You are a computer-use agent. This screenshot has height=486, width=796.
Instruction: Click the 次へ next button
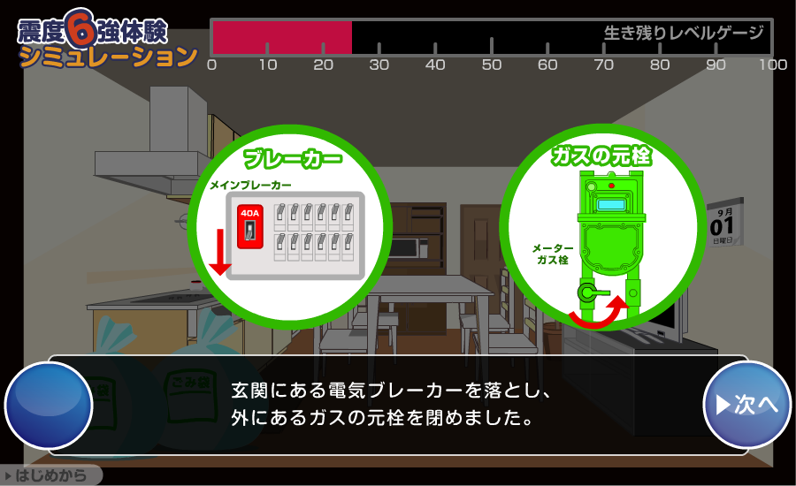click(746, 405)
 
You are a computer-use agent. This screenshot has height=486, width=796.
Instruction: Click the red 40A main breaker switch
click(249, 227)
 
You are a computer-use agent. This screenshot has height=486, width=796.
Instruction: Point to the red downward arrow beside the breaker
click(220, 252)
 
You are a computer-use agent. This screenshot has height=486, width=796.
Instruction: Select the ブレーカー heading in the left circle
click(293, 158)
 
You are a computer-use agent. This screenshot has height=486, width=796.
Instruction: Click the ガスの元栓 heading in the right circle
click(601, 156)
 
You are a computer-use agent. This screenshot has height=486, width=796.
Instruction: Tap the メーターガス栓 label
click(553, 254)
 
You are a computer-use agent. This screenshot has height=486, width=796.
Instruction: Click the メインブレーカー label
click(251, 186)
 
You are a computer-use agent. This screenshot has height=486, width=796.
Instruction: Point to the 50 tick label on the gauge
click(492, 65)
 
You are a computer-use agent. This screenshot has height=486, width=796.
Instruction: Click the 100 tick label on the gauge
click(773, 65)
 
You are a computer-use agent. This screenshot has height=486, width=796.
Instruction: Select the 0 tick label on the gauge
click(212, 65)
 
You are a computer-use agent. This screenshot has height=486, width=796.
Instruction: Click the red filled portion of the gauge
click(282, 37)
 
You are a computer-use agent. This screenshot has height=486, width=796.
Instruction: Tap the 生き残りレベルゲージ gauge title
click(684, 33)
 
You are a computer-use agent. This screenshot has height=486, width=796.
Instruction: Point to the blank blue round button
click(49, 406)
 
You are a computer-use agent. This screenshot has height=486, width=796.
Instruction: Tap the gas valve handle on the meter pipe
click(593, 292)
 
